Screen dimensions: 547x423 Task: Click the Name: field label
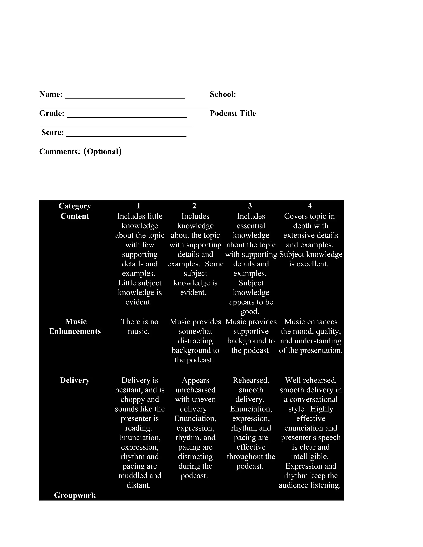(x=51, y=94)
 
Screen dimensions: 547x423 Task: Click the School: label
(x=223, y=94)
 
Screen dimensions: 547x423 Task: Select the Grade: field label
(x=52, y=114)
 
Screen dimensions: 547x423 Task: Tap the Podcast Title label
(x=233, y=114)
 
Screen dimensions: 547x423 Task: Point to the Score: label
(x=52, y=133)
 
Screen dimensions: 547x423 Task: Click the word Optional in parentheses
(x=103, y=152)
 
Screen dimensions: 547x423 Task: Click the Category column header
(x=75, y=206)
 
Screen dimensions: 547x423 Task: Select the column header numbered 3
(x=250, y=206)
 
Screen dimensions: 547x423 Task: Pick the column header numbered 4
(x=310, y=206)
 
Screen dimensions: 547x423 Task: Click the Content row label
(x=75, y=216)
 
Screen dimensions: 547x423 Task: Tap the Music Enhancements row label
(x=75, y=326)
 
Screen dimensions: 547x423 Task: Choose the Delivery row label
(x=75, y=380)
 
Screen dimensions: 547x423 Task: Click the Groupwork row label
(x=75, y=495)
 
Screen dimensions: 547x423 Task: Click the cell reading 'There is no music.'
(x=140, y=326)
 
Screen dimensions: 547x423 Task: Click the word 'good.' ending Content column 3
(x=250, y=311)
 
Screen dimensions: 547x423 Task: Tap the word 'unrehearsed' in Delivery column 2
(x=195, y=390)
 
